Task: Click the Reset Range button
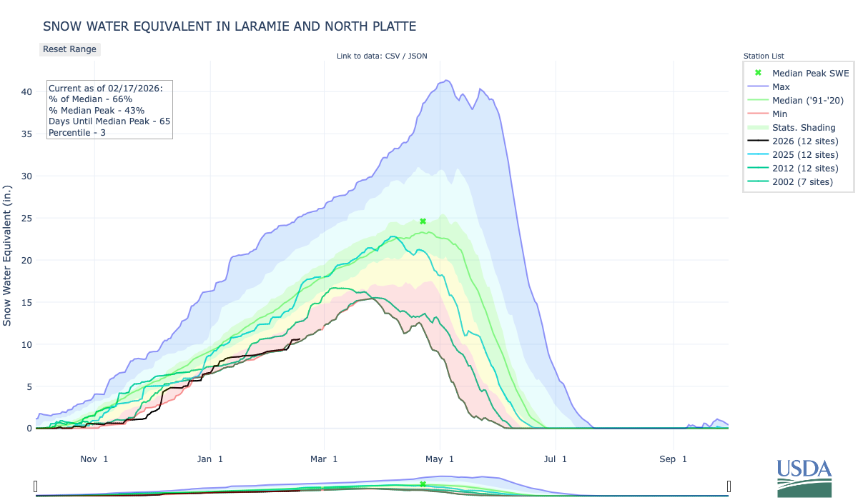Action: (x=69, y=49)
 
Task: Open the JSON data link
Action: (x=417, y=56)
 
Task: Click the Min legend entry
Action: (x=780, y=114)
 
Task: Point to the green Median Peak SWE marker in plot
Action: (x=423, y=221)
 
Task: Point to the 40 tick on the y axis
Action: (x=26, y=91)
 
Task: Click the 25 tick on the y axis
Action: (x=26, y=218)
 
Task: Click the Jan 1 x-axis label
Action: (x=210, y=459)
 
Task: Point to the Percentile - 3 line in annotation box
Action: (x=78, y=132)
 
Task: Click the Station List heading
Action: (x=764, y=56)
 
